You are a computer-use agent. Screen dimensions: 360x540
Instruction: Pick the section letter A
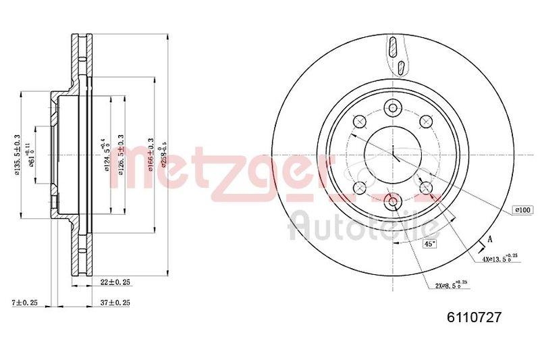(489, 237)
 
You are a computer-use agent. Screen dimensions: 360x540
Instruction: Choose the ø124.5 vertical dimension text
(106, 155)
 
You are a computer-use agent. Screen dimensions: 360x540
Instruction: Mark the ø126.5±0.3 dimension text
(120, 155)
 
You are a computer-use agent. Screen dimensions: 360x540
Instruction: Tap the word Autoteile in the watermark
(364, 226)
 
